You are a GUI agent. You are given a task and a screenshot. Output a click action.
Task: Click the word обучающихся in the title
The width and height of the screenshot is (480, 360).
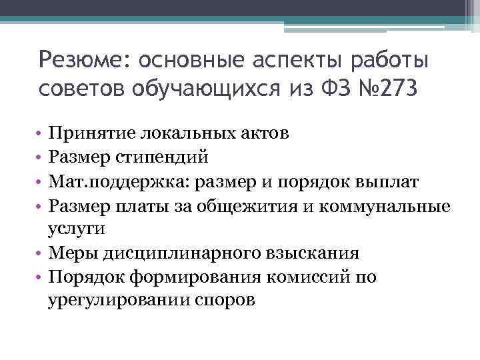pyautogui.click(x=194, y=88)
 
